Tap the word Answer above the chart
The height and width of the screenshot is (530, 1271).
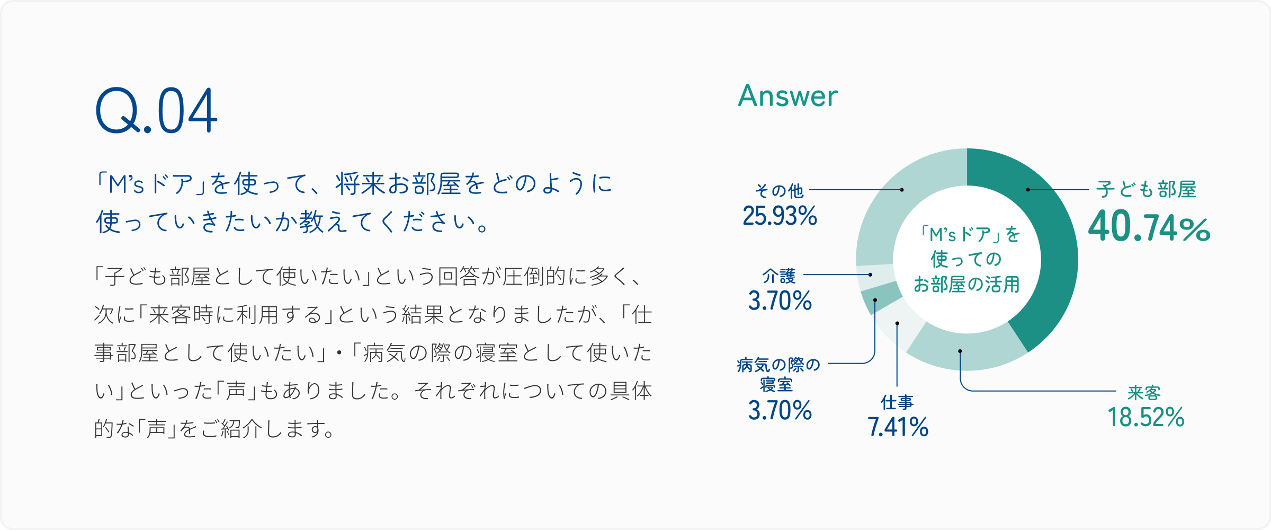pyautogui.click(x=788, y=96)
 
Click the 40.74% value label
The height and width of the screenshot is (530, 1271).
pyautogui.click(x=1149, y=226)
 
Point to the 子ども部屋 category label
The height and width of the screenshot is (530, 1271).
pyautogui.click(x=1147, y=189)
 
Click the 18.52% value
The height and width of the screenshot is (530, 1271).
pyautogui.click(x=1146, y=417)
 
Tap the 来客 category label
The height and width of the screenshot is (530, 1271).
pyautogui.click(x=1144, y=393)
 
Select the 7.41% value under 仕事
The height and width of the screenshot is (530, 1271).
pyautogui.click(x=898, y=427)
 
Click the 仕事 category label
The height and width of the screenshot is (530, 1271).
pyautogui.click(x=897, y=402)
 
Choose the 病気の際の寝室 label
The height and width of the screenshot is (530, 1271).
pyautogui.click(x=778, y=374)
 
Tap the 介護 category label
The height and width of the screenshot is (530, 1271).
pyautogui.click(x=779, y=276)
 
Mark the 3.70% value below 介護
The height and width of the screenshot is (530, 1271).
pyautogui.click(x=780, y=301)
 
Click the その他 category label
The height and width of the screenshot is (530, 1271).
pyautogui.click(x=780, y=190)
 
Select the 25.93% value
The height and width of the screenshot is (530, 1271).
pyautogui.click(x=780, y=216)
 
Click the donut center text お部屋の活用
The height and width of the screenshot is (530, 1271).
pyautogui.click(x=966, y=285)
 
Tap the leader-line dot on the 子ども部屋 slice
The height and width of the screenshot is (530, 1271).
pyautogui.click(x=1028, y=190)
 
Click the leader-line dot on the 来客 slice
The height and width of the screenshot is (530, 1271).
pyautogui.click(x=960, y=351)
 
